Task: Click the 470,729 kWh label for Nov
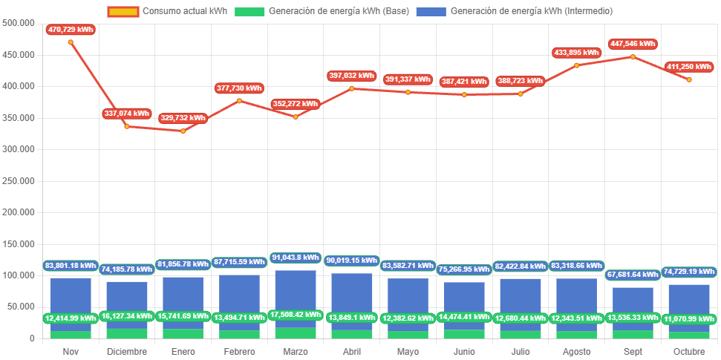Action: (71, 29)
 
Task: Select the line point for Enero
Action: (183, 131)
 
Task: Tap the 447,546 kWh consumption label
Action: (633, 44)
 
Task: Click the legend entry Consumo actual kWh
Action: (167, 11)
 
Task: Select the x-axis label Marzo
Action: (296, 352)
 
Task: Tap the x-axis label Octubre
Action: (689, 352)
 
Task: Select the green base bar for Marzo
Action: (296, 333)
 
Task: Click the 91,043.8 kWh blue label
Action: (296, 258)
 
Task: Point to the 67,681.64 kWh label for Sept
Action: (633, 275)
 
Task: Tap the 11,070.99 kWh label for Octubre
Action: (689, 319)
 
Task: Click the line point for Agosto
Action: (577, 65)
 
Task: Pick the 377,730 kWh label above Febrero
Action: (239, 88)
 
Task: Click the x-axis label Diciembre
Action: (126, 352)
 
